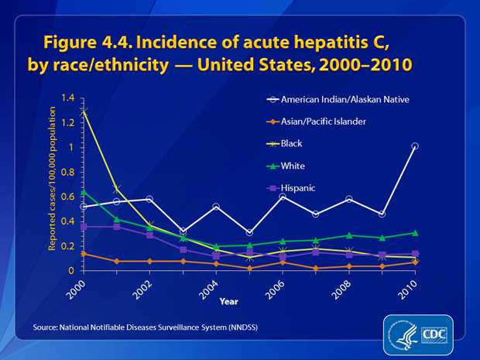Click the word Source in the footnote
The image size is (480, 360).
coord(45,328)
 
